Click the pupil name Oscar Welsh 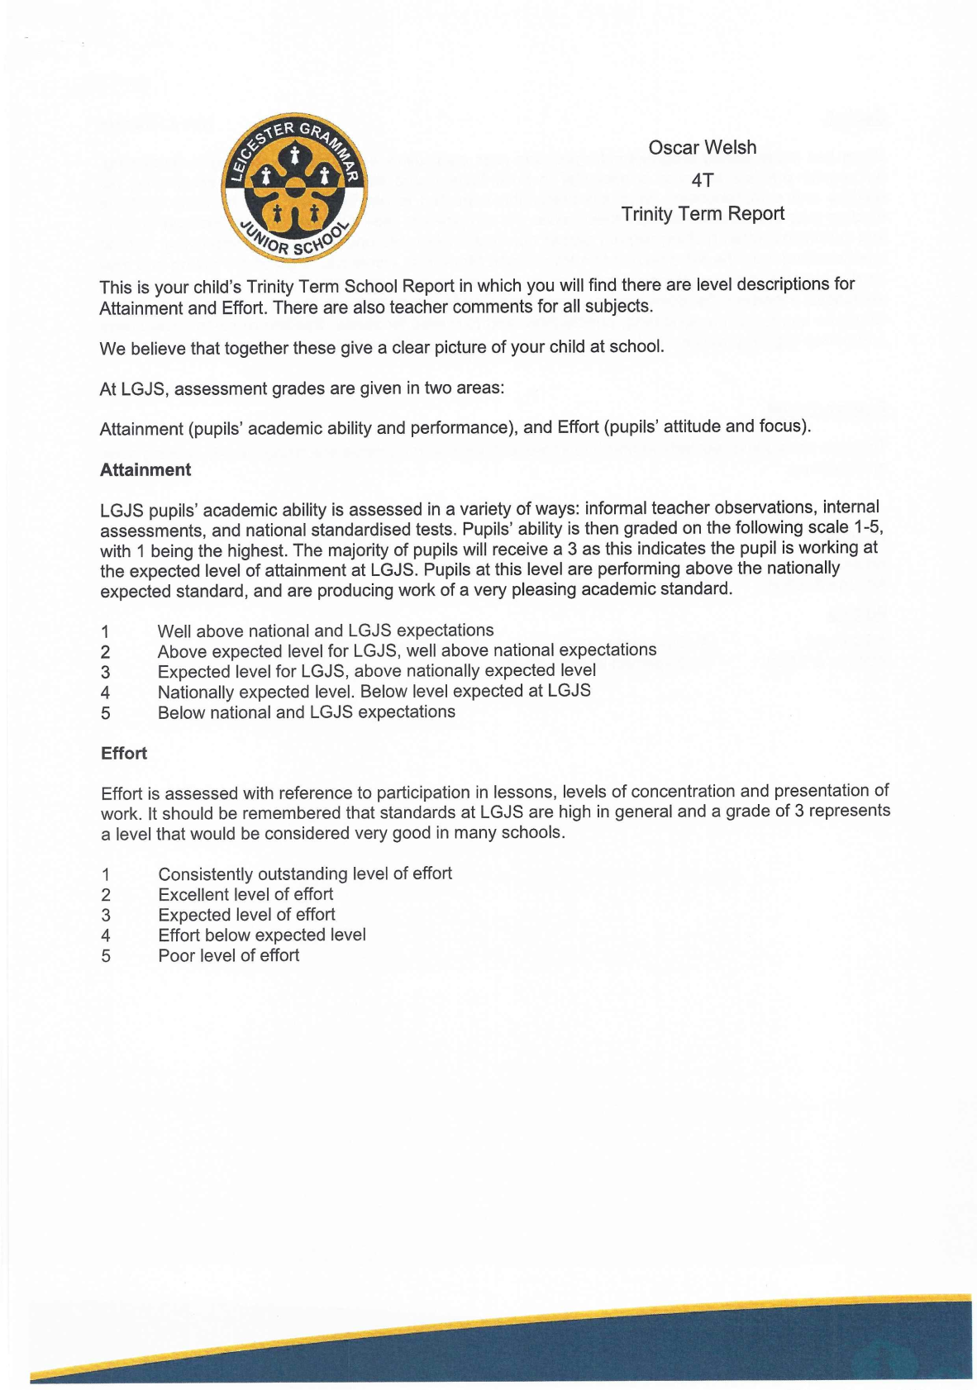(702, 148)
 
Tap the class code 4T (702, 180)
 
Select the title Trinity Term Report (702, 214)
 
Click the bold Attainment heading (145, 470)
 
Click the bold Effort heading (124, 754)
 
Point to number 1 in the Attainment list (105, 632)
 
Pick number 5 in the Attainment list (105, 713)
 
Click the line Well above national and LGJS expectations (326, 631)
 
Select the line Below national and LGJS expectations (306, 712)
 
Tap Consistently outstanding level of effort (305, 874)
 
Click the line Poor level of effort (229, 955)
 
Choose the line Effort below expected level (262, 935)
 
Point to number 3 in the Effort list (106, 916)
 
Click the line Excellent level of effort (245, 894)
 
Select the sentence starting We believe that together (382, 347)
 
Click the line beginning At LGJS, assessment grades (302, 388)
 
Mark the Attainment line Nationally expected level (374, 692)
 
